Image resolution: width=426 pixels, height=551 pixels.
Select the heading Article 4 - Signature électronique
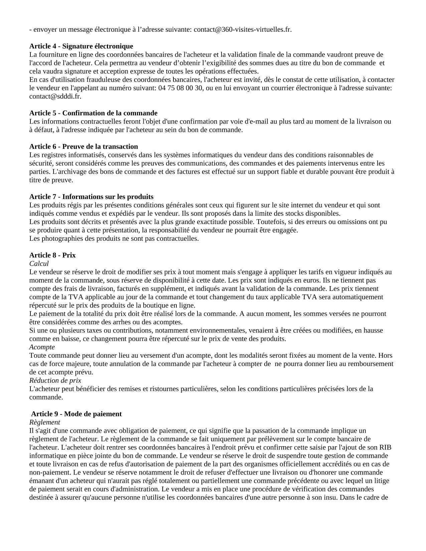click(81, 46)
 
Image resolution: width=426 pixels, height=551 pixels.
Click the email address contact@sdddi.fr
click(55, 97)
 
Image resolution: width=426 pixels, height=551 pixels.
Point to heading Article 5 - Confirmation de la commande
click(93, 113)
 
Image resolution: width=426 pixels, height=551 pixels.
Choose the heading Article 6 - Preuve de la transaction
click(84, 146)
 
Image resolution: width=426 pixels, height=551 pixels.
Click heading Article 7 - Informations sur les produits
click(91, 196)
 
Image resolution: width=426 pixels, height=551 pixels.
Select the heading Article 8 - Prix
click(52, 255)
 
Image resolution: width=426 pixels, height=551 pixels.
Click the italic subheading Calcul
click(39, 263)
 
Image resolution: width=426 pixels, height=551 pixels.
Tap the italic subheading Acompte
click(42, 347)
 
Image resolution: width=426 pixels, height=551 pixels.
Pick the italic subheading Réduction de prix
click(55, 380)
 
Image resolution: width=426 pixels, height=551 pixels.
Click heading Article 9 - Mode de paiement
click(76, 414)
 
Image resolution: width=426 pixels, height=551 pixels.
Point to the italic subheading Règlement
click(44, 422)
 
